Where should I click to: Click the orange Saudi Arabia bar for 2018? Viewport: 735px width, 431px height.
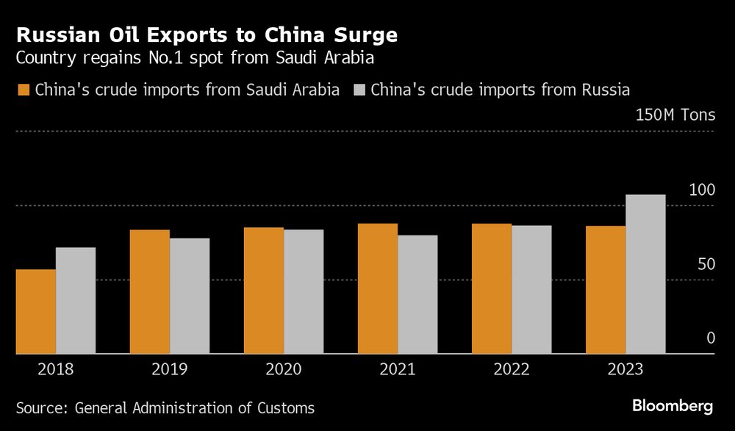pos(35,311)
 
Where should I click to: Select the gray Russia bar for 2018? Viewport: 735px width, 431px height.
pos(76,300)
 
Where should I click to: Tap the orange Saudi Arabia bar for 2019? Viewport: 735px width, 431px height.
pos(150,291)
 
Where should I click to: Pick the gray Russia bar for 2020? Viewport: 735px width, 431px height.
pos(304,291)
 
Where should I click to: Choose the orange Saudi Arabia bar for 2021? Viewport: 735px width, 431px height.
pos(378,288)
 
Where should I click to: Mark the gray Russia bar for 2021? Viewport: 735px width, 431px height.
pos(417,294)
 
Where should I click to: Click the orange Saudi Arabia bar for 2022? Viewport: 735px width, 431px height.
pos(492,288)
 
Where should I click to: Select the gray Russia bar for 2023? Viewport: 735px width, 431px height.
pos(645,274)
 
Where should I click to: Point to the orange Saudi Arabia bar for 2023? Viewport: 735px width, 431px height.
pos(606,290)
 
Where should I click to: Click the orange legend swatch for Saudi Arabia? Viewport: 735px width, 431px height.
pos(23,90)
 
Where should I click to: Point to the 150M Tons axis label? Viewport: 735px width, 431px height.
pos(675,115)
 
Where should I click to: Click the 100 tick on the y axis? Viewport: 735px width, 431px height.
pos(702,190)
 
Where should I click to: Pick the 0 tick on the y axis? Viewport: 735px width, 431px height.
pos(710,338)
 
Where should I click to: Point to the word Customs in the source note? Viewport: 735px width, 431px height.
pos(287,407)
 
